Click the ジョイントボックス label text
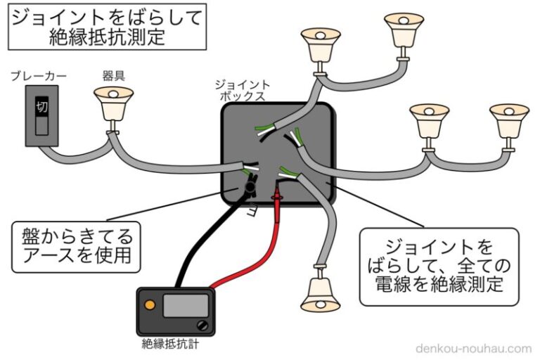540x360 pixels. point(243,91)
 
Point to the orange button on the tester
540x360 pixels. point(149,305)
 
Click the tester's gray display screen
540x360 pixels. point(186,305)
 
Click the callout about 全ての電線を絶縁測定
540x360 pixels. point(439,267)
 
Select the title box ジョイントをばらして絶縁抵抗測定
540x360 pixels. point(107,27)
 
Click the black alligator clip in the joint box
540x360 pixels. point(250,186)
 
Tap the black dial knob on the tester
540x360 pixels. point(203,325)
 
